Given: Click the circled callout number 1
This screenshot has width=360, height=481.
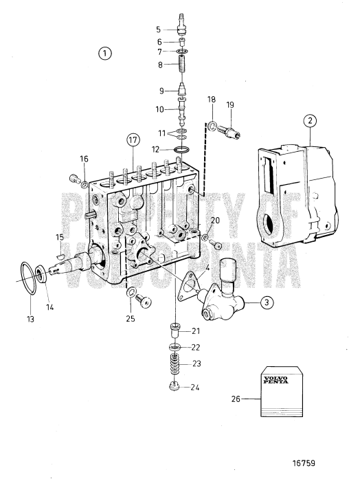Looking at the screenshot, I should coord(104,52).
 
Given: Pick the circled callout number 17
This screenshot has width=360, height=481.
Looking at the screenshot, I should coord(133,140).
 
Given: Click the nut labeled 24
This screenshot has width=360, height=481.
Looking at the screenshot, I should coord(175,386).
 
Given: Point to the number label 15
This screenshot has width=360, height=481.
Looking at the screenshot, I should coord(60,238).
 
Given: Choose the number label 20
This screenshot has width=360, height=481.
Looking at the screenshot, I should coord(214,221).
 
